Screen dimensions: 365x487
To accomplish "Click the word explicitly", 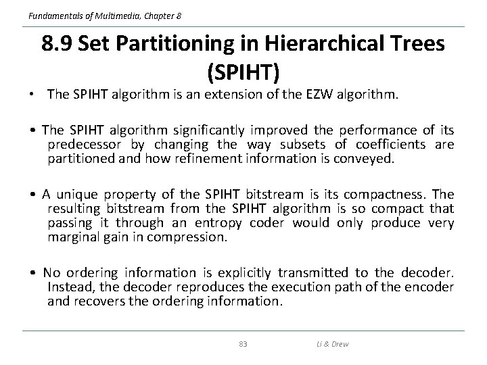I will pyautogui.click(x=243, y=273).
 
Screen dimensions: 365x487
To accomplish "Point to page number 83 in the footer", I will pyautogui.click(x=243, y=344).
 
